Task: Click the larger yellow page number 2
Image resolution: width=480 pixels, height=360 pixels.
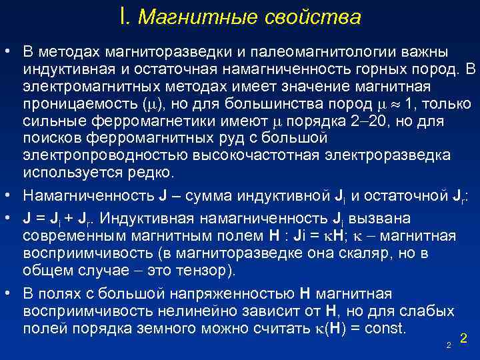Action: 463,339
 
